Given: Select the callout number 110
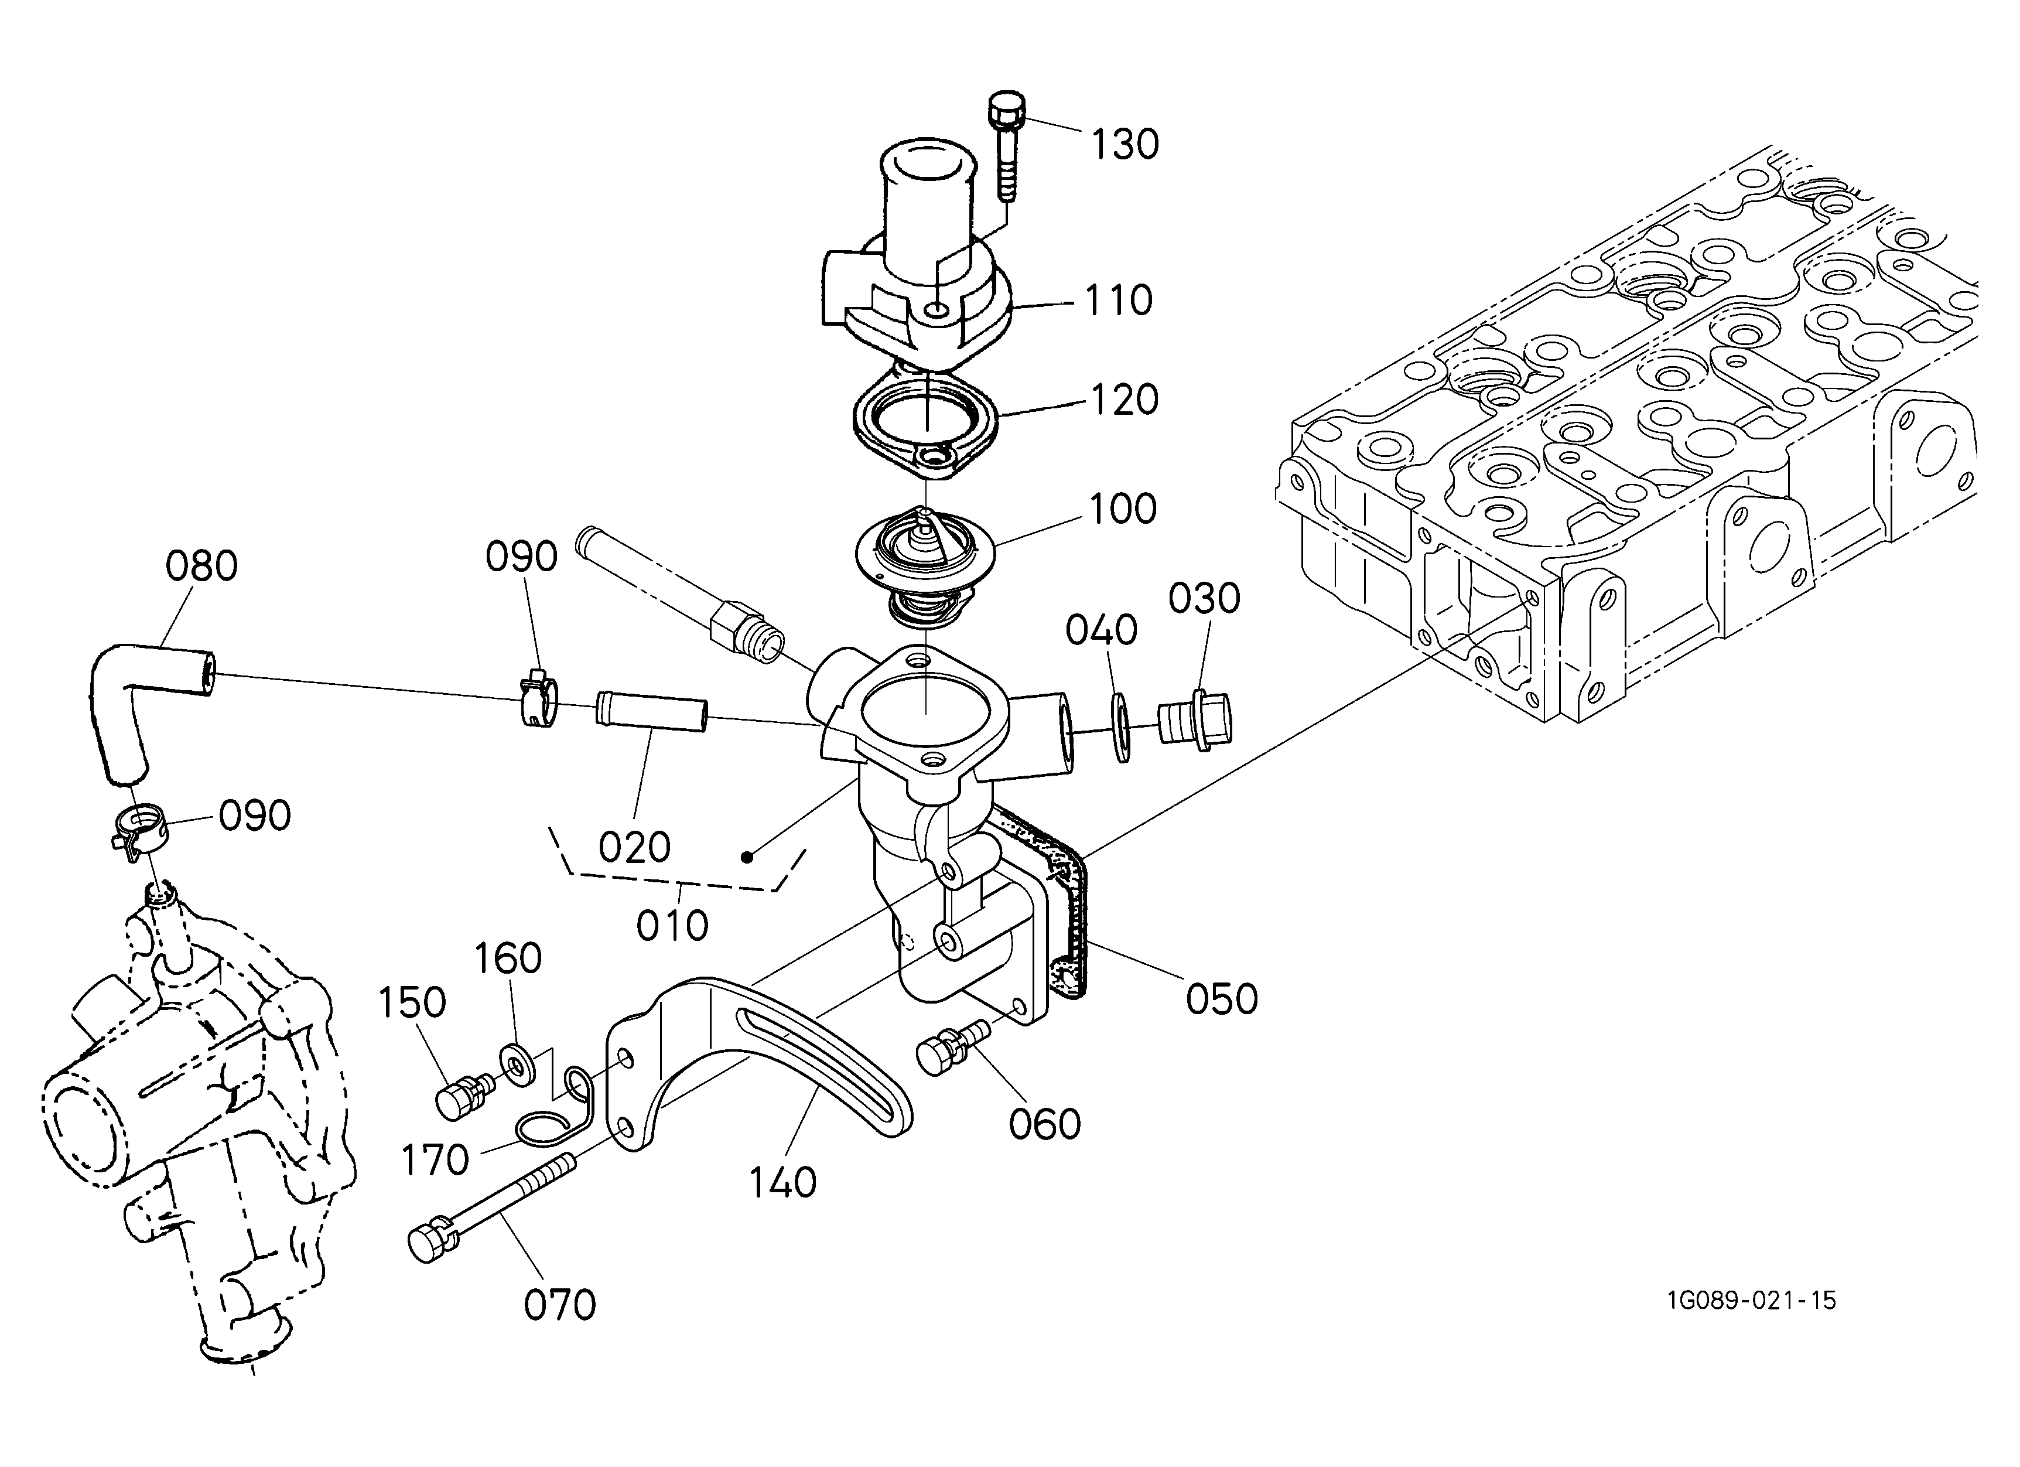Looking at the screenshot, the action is pyautogui.click(x=1119, y=301).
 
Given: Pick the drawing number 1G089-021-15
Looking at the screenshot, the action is pyautogui.click(x=1751, y=1301).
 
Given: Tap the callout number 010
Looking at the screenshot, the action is pyautogui.click(x=672, y=926).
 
